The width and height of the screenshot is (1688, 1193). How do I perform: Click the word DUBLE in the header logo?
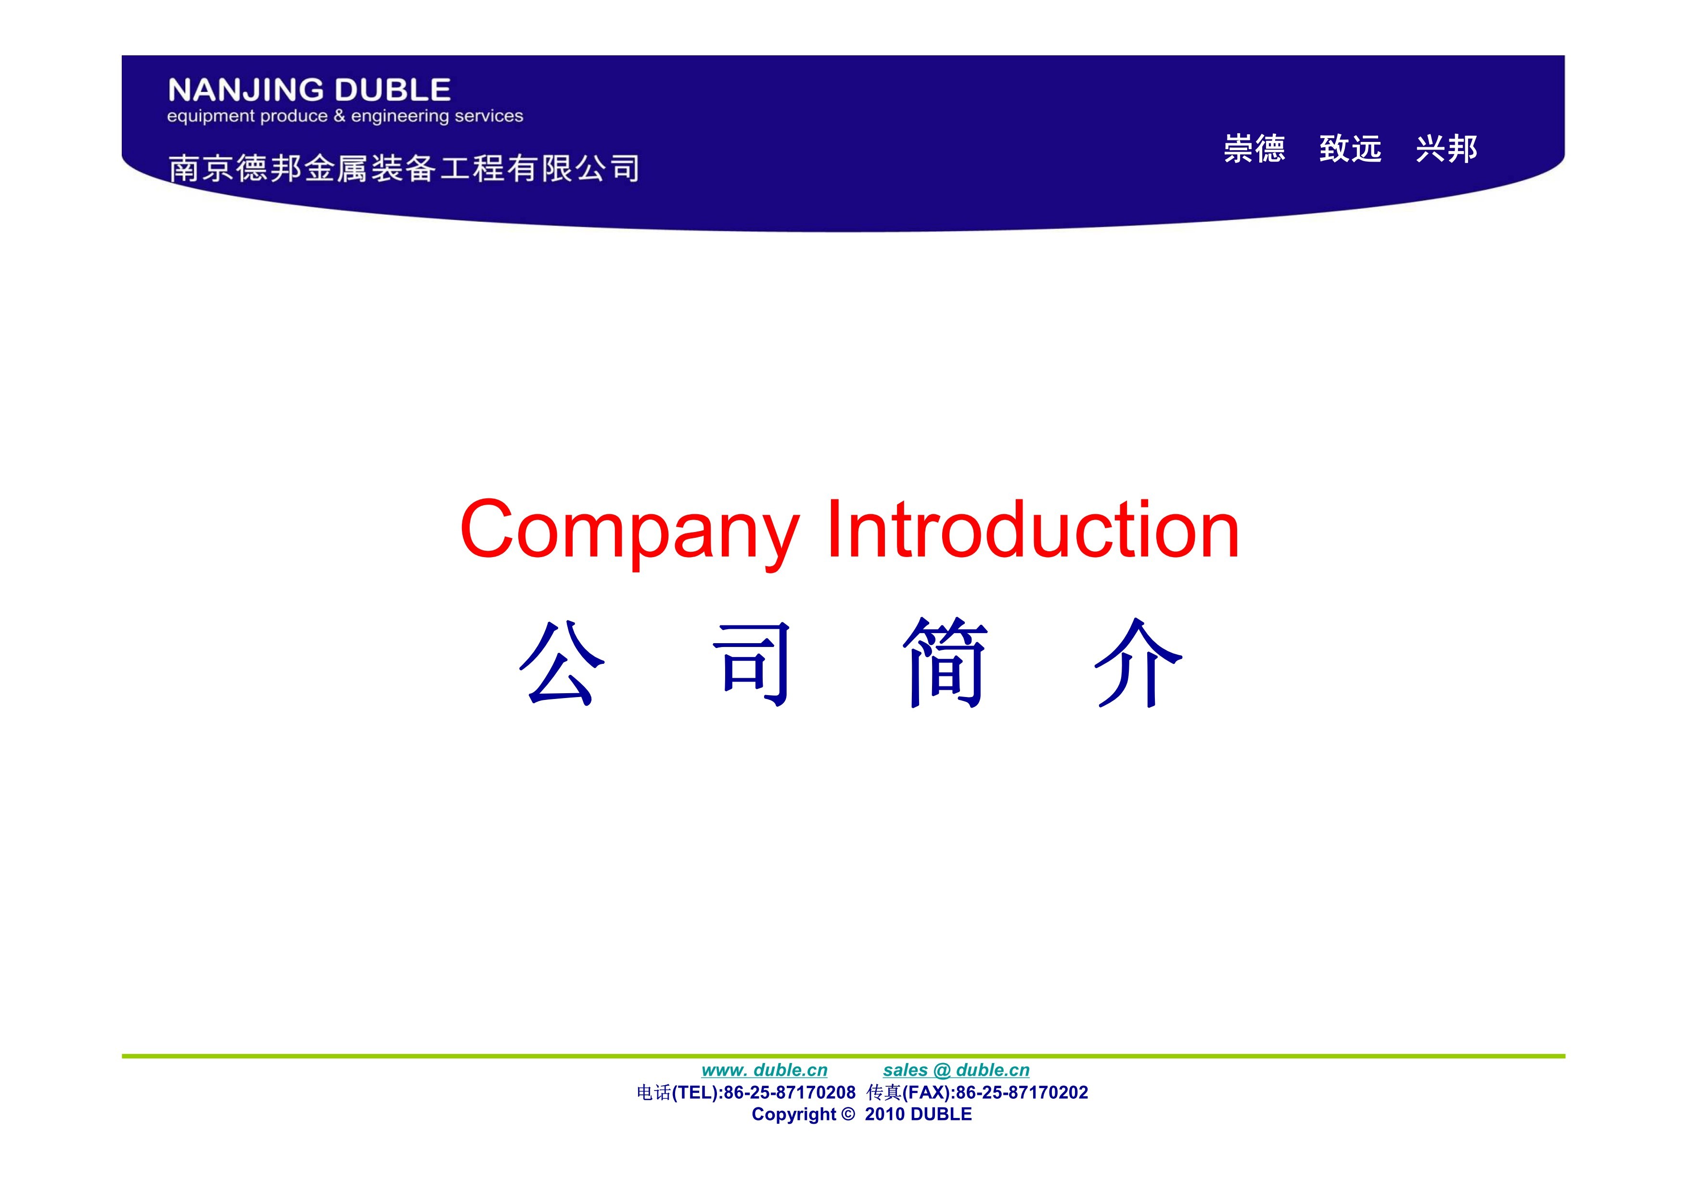[x=393, y=90]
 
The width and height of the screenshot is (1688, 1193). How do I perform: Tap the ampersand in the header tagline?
[x=339, y=116]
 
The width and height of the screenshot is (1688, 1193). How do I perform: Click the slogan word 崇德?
[x=1254, y=149]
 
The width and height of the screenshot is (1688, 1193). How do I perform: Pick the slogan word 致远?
[x=1351, y=149]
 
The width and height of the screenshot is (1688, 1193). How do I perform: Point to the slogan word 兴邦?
[x=1447, y=149]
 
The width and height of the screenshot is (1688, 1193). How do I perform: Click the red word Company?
[x=629, y=531]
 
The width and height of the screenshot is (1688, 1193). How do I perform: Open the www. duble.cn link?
[x=765, y=1070]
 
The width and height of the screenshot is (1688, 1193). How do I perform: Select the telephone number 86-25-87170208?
[x=790, y=1093]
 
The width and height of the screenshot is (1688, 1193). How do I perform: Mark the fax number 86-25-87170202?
[x=1022, y=1093]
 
